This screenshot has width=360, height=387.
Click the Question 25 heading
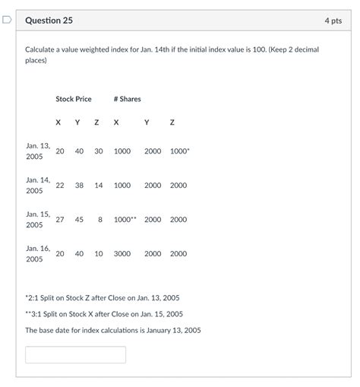coord(49,21)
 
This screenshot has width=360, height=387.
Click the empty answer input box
coord(75,354)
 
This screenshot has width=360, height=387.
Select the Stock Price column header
coord(73,99)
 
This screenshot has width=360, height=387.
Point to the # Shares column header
coord(127,99)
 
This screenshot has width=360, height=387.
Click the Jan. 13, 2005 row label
coord(36,151)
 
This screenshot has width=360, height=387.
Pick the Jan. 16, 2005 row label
coord(36,253)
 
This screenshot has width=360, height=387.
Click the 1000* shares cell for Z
coord(179,151)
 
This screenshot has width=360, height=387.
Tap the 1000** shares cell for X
coord(125,220)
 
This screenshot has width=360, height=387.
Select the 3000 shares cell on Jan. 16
coord(122,254)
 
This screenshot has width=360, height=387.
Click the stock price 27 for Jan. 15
coord(60,220)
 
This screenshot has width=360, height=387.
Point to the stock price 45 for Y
coord(79,220)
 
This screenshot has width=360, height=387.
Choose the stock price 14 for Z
coord(99,186)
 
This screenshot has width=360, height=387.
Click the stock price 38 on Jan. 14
coord(79,186)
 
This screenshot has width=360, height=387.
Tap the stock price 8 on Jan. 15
coord(99,220)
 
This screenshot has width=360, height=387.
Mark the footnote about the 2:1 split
coord(103,297)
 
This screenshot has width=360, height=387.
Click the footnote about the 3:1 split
coord(104,313)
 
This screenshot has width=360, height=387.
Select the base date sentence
coord(113,330)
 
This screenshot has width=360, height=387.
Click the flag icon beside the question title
coord(7,21)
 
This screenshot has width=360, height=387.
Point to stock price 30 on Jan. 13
coord(99,151)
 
